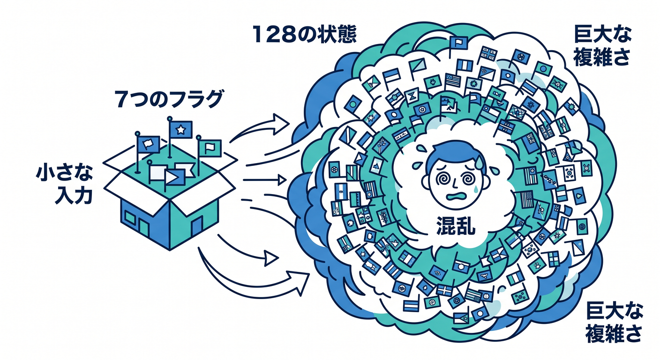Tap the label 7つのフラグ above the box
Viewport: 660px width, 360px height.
tap(169, 99)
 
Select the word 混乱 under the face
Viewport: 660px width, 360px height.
tap(456, 225)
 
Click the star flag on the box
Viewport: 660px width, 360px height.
tap(180, 129)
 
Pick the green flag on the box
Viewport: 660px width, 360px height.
tap(210, 148)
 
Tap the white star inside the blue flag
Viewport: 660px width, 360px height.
tap(180, 129)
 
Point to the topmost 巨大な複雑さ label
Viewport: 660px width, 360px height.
tap(602, 46)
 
